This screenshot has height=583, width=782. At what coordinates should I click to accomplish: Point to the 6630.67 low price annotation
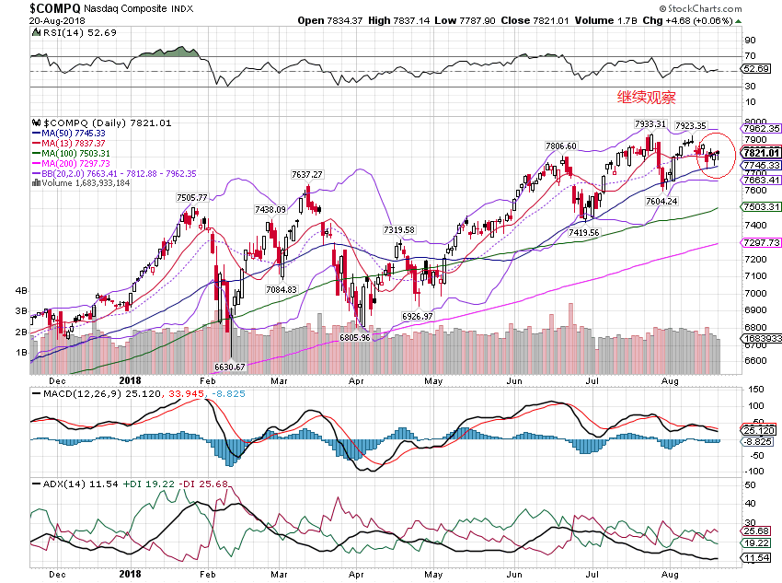point(230,367)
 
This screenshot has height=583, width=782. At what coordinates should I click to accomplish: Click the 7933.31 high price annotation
point(650,123)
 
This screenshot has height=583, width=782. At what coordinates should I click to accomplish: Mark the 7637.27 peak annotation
point(307,175)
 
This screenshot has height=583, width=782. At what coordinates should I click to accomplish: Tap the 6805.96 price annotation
point(355,337)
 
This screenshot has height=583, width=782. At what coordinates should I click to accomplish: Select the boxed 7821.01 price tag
point(762,153)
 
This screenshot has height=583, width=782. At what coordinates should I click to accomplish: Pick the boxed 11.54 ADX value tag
point(756,558)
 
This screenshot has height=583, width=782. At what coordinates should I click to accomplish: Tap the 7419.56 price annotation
point(585,233)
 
